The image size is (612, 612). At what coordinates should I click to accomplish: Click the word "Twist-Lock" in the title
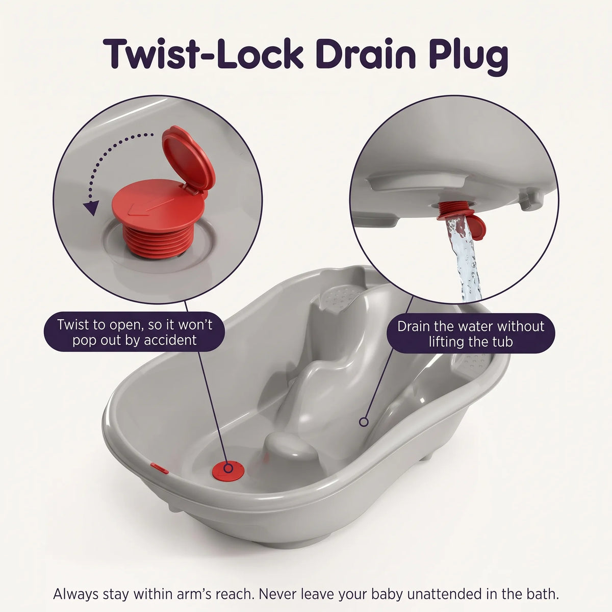coord(203,54)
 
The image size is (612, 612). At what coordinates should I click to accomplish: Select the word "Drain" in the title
coord(365,54)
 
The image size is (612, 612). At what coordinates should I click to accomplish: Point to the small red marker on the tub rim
coord(160,468)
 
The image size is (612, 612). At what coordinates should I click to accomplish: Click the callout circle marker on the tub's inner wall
coord(364,422)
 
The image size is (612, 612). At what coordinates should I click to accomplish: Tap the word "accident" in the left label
coord(170,341)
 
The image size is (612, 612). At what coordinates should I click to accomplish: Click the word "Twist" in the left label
coord(72,324)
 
